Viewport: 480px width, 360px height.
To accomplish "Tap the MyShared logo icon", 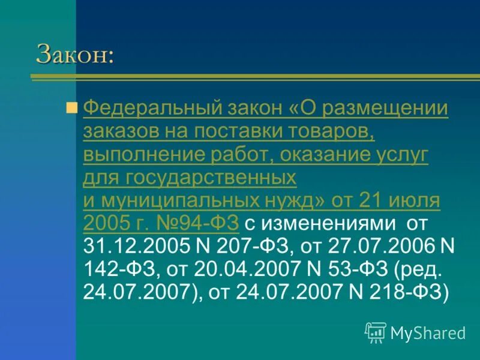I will tap(376, 332).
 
